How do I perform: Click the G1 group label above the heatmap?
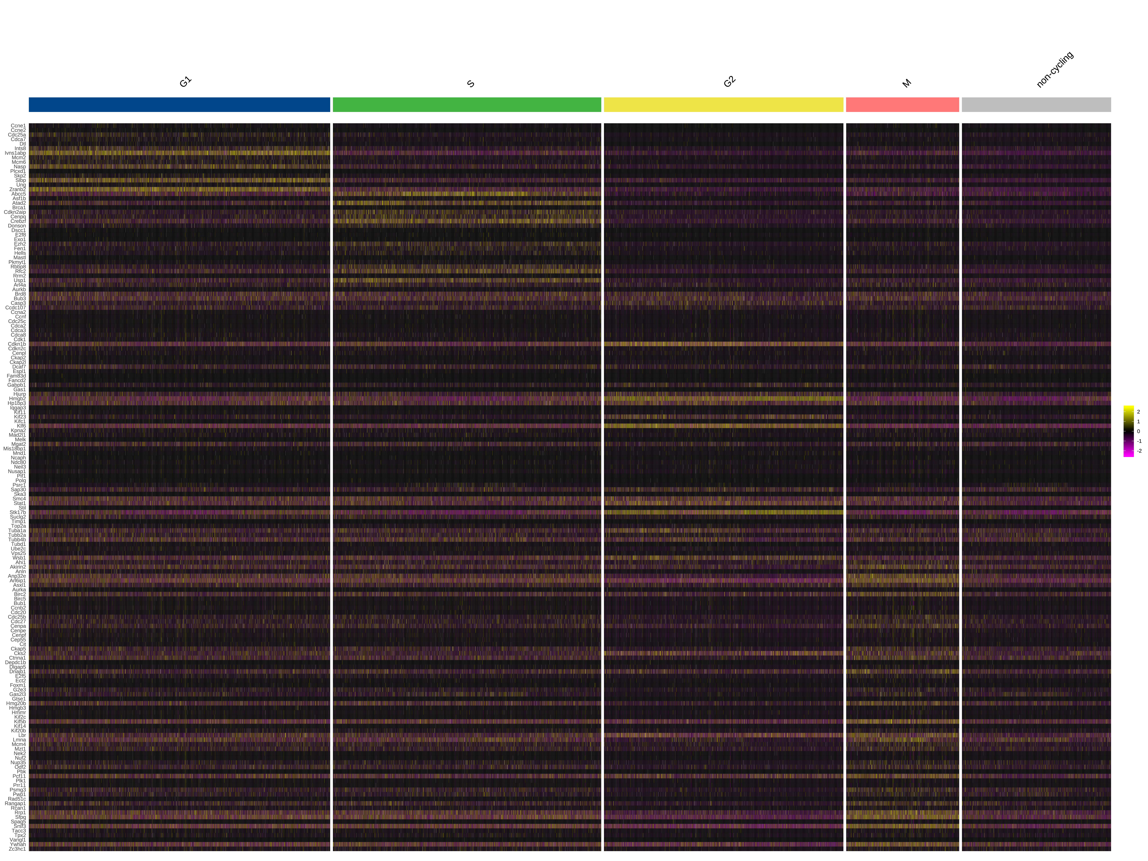[185, 82]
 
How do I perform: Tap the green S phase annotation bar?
[467, 105]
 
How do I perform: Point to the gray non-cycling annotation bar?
[1036, 105]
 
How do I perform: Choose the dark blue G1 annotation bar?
[179, 105]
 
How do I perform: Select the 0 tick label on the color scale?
[1138, 431]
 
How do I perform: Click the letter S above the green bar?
[471, 84]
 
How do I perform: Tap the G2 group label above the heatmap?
[729, 82]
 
